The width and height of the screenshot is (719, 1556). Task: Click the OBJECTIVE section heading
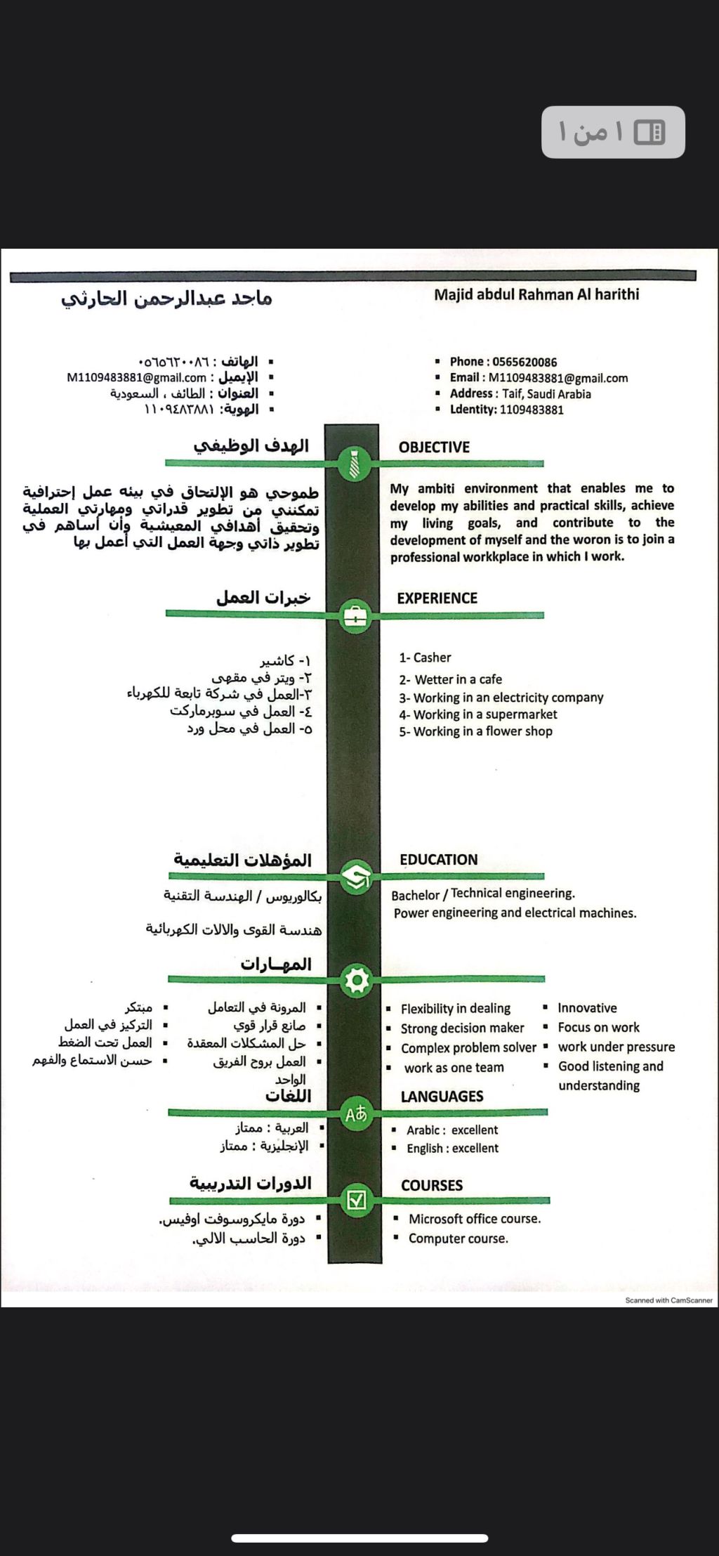[x=434, y=447]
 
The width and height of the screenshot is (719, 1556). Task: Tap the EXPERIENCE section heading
[x=437, y=599]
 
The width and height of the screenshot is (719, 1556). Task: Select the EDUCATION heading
[x=438, y=860]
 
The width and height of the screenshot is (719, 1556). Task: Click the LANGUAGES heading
[x=442, y=1097]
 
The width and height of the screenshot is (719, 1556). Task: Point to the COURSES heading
[x=432, y=1186]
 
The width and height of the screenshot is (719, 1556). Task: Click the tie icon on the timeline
[x=355, y=464]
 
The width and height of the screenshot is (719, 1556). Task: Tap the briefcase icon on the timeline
[x=355, y=616]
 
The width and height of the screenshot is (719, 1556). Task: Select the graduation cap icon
[x=356, y=876]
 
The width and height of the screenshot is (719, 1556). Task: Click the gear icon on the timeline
[x=357, y=979]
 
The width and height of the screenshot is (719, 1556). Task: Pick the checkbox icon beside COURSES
[x=357, y=1200]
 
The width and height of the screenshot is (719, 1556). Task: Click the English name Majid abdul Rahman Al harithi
[x=536, y=294]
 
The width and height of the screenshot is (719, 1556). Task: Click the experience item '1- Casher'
[x=426, y=658]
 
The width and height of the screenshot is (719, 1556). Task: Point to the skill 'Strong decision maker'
[x=462, y=1028]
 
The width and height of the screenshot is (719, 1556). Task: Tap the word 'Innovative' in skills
[x=587, y=1008]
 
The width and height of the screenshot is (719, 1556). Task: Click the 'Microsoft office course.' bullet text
[x=475, y=1219]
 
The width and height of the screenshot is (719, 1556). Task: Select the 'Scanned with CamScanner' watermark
[x=668, y=1300]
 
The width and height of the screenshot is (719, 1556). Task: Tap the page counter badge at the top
[x=613, y=132]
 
